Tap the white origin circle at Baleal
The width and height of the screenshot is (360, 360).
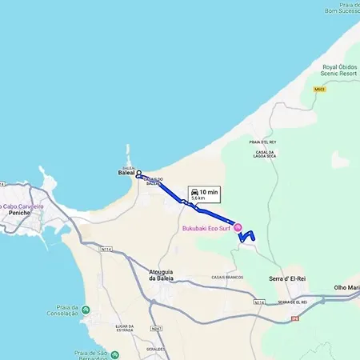[x=138, y=173]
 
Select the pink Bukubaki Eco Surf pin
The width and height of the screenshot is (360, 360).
[x=236, y=227]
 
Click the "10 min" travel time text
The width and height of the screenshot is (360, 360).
[x=209, y=191]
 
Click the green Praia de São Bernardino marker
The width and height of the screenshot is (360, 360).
[x=115, y=354]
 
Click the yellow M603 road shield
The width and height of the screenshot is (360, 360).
[x=319, y=90]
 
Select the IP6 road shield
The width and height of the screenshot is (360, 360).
[x=294, y=318]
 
